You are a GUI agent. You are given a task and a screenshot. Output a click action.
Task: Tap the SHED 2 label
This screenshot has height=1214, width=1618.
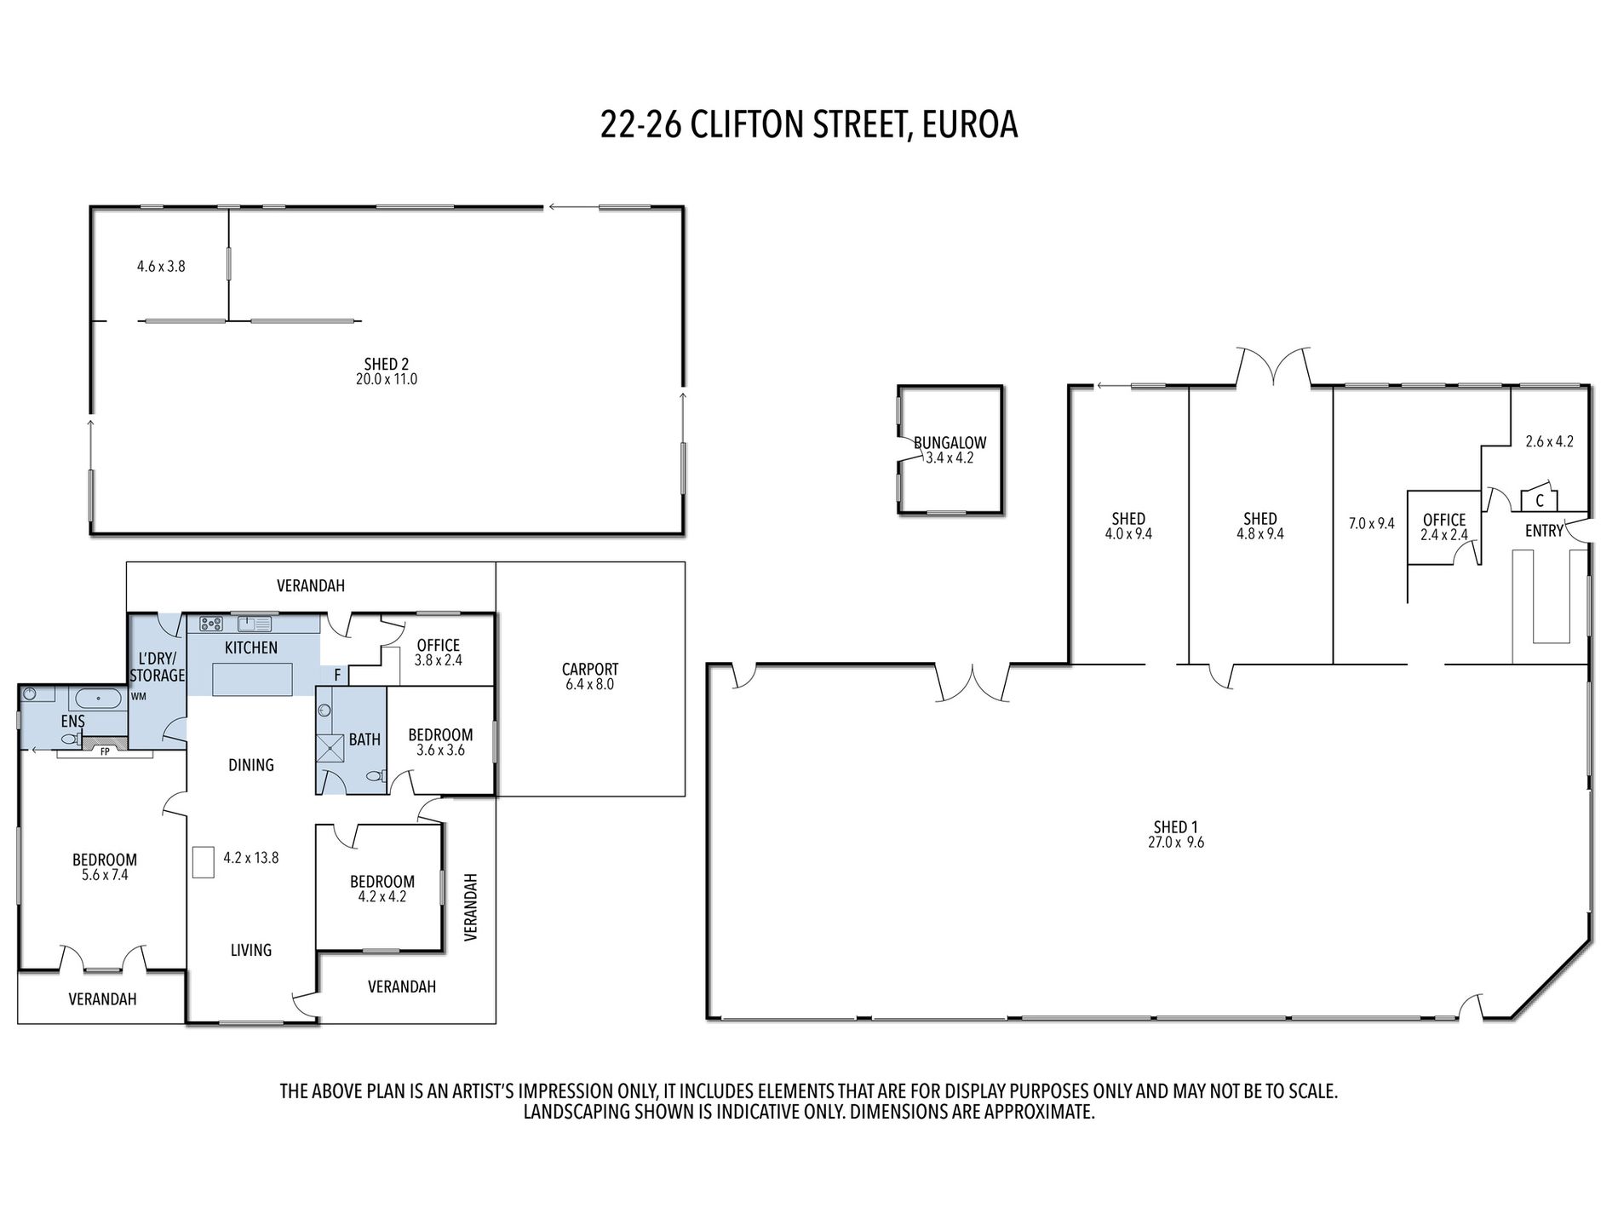click(387, 365)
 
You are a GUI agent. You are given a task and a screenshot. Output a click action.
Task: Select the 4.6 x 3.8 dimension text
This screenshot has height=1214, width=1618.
click(161, 267)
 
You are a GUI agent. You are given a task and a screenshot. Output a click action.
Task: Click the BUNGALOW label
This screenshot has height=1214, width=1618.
click(950, 443)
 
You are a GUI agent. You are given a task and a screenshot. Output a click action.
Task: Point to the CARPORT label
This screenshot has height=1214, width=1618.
click(590, 670)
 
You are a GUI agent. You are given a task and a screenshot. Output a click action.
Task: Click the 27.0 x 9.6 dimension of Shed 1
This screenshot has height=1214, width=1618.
click(1175, 843)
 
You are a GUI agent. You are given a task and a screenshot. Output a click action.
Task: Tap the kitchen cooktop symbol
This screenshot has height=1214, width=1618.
click(211, 623)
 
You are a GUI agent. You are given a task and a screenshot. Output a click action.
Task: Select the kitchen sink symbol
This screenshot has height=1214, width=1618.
click(254, 623)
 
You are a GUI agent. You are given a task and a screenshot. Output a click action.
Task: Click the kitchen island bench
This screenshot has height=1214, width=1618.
click(252, 680)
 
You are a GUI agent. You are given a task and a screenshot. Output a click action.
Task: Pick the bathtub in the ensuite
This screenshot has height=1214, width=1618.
click(99, 699)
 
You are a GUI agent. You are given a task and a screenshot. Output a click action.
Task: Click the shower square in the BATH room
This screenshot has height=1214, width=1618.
click(330, 747)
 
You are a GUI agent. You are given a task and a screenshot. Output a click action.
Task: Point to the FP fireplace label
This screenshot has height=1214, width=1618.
click(105, 752)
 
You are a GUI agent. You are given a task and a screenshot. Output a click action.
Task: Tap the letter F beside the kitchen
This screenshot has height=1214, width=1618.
click(337, 676)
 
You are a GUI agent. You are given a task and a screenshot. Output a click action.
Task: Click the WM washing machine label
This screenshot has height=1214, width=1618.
click(139, 696)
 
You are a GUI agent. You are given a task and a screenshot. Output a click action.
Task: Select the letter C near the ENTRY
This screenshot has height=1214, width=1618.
click(1540, 502)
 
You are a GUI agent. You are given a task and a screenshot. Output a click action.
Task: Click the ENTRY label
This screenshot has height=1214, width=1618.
click(1544, 531)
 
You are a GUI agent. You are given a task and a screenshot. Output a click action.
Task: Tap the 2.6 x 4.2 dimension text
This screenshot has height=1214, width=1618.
click(1549, 441)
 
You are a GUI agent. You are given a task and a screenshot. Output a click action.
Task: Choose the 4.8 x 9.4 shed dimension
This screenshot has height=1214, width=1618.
click(1259, 534)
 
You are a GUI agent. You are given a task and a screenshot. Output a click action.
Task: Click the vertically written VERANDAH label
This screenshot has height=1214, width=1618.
click(471, 906)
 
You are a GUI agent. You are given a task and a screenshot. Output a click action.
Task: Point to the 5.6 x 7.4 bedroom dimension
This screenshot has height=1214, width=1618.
click(105, 875)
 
